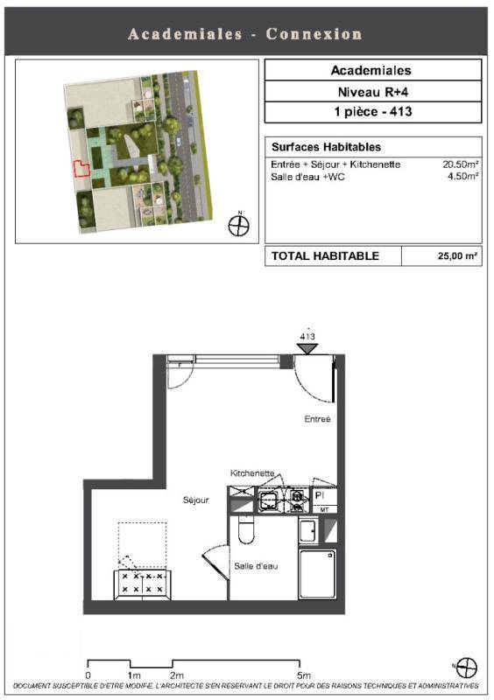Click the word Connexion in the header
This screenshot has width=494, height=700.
(314, 34)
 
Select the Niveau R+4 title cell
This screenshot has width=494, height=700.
(373, 92)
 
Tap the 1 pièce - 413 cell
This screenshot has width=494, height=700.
(373, 112)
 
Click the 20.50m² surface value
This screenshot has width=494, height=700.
(461, 164)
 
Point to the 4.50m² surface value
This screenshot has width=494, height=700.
(463, 176)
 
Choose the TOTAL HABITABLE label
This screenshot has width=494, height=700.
(325, 255)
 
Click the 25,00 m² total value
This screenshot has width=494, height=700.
(457, 256)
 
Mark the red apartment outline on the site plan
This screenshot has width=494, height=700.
(81, 169)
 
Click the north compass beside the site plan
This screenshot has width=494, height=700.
(239, 225)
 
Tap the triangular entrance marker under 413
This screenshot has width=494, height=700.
(307, 348)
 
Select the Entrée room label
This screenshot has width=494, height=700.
(317, 419)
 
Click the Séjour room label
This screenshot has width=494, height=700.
(196, 500)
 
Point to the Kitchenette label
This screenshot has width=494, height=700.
(252, 472)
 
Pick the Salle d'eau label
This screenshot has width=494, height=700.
(256, 566)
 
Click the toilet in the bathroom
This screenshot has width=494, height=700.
(246, 529)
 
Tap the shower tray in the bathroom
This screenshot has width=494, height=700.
(317, 574)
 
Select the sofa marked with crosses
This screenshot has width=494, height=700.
(142, 584)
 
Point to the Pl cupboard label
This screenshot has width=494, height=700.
(319, 495)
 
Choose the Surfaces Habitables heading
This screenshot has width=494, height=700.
(327, 147)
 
